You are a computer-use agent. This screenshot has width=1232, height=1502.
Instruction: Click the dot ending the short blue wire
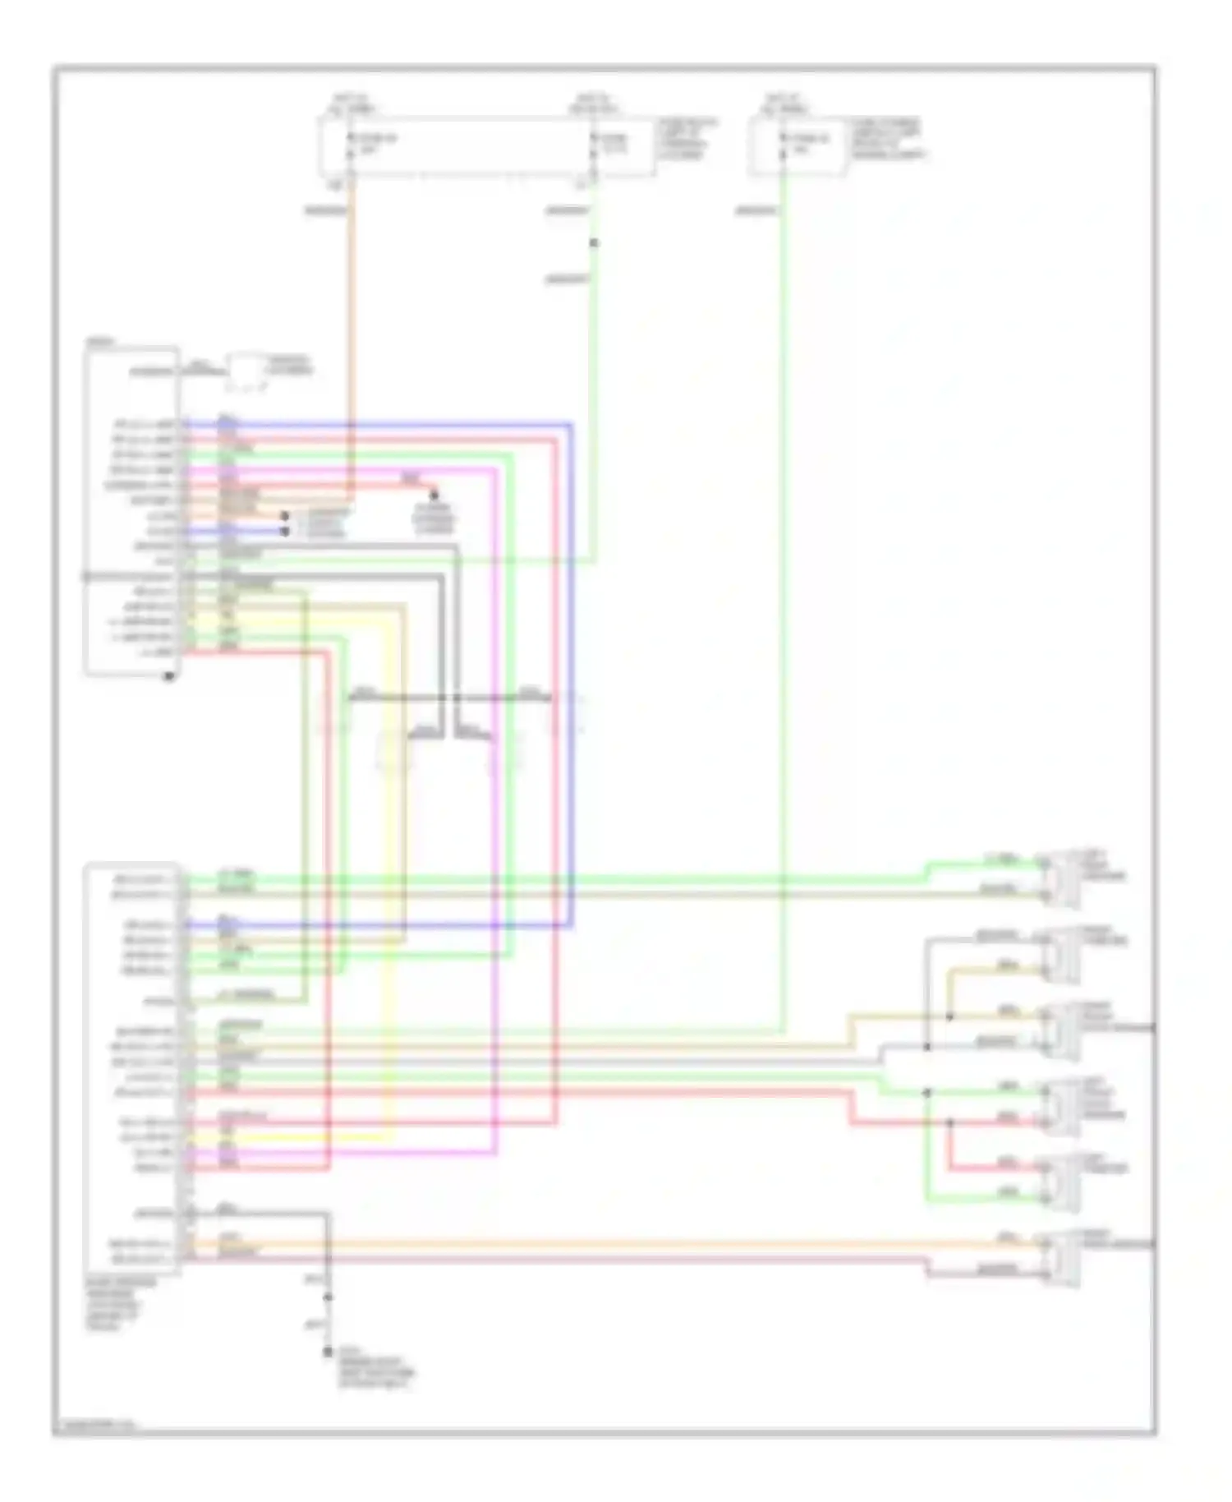[285, 532]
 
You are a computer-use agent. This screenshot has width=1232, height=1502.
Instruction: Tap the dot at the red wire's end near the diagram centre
[434, 495]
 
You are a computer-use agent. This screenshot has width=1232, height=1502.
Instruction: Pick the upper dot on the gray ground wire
[328, 1297]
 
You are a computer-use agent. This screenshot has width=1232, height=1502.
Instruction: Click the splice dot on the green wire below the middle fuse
[594, 243]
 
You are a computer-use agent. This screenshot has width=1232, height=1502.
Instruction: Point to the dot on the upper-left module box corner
[169, 676]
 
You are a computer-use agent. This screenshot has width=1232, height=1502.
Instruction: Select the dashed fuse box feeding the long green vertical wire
[796, 146]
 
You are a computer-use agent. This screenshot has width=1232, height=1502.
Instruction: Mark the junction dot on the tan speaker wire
[949, 1016]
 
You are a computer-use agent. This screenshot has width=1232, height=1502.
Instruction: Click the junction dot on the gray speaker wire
[926, 1047]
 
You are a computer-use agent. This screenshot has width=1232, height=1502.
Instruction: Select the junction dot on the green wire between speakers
[926, 1093]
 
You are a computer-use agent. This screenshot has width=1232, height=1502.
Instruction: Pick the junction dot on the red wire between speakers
[949, 1122]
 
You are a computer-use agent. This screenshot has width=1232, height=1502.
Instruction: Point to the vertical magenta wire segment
[495, 904]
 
